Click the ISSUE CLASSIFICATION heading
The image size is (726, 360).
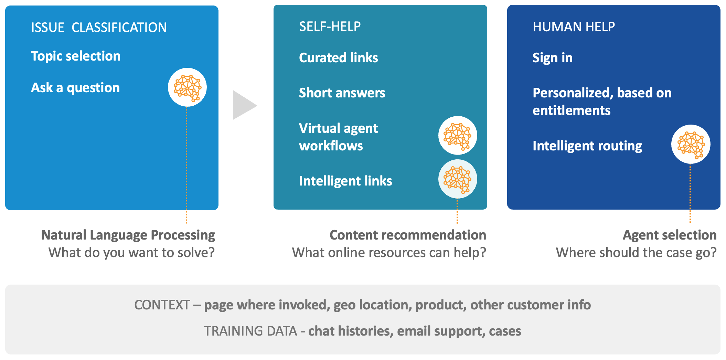tap(99, 28)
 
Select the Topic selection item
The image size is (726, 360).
tap(76, 56)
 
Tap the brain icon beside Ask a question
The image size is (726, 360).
tap(187, 87)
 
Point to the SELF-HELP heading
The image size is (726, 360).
tap(330, 27)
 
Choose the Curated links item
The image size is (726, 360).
tap(339, 58)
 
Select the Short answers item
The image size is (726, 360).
tap(342, 93)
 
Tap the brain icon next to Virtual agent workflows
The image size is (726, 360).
tap(458, 136)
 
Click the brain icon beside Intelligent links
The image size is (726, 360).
tap(458, 179)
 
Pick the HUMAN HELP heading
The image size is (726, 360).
tap(574, 27)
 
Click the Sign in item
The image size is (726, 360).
tap(553, 58)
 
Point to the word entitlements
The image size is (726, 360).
tap(572, 110)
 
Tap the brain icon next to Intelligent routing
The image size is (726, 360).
tap(691, 144)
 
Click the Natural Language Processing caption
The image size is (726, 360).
tap(128, 235)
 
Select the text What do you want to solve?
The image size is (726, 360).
tap(131, 253)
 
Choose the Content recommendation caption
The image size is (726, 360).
tap(408, 235)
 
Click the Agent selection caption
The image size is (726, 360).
tap(670, 235)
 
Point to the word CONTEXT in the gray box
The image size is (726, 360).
tap(162, 305)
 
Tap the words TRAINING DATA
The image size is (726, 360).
tap(250, 331)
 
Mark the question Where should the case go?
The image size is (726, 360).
tap(636, 253)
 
